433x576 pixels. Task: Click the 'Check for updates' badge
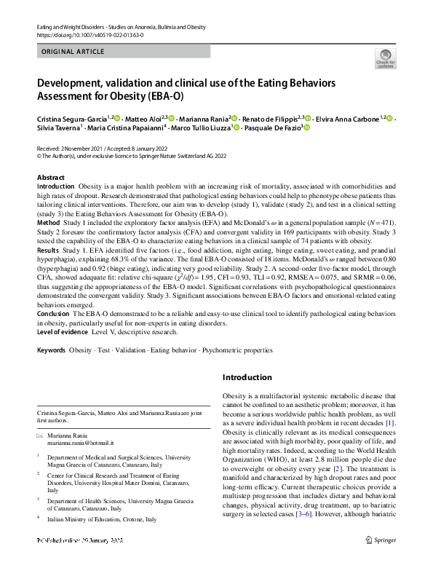pos(384,58)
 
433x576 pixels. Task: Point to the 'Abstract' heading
pos(51,178)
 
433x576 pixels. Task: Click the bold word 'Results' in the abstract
pos(49,249)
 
